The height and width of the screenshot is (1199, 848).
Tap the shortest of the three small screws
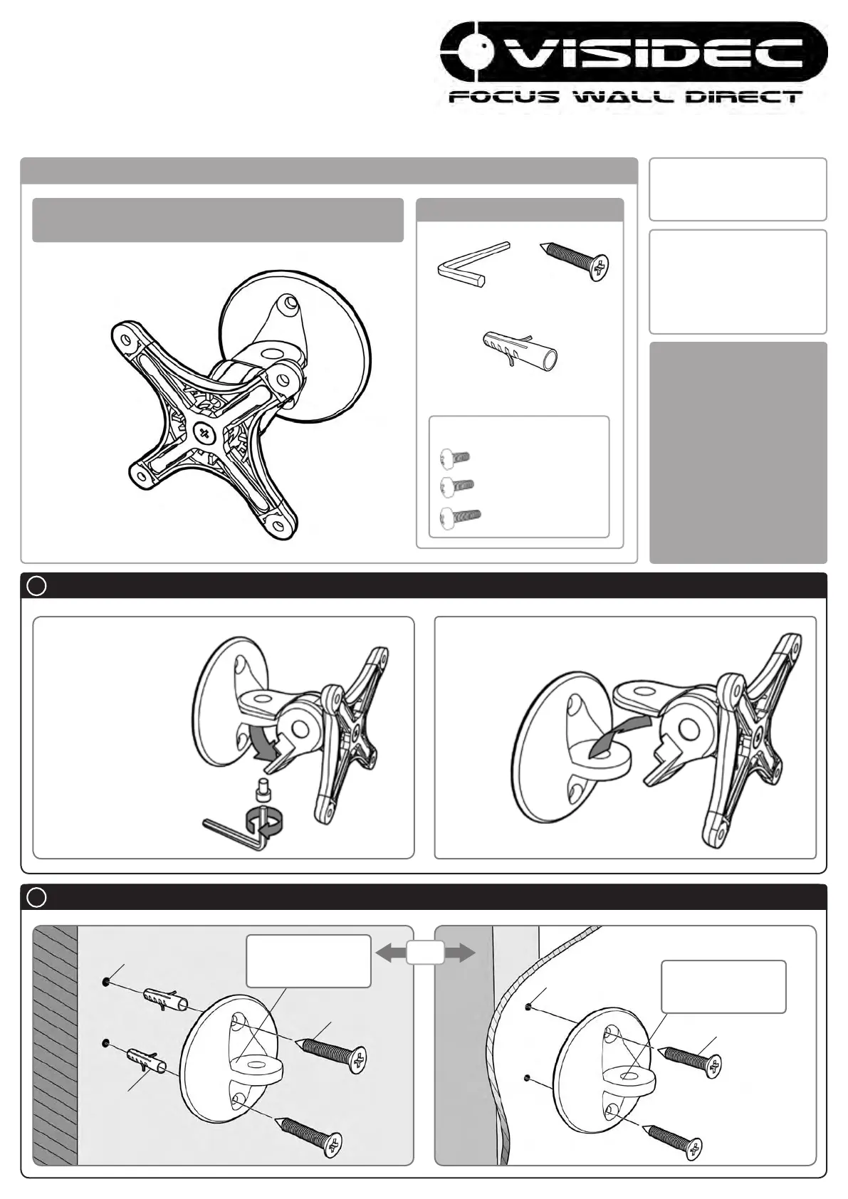[454, 457]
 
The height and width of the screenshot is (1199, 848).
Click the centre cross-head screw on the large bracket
[206, 431]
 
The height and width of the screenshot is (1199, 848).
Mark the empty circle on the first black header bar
[36, 586]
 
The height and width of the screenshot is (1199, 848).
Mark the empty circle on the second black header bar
[36, 898]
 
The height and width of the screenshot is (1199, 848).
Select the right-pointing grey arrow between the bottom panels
[459, 953]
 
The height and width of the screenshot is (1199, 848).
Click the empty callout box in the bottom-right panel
[723, 987]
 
